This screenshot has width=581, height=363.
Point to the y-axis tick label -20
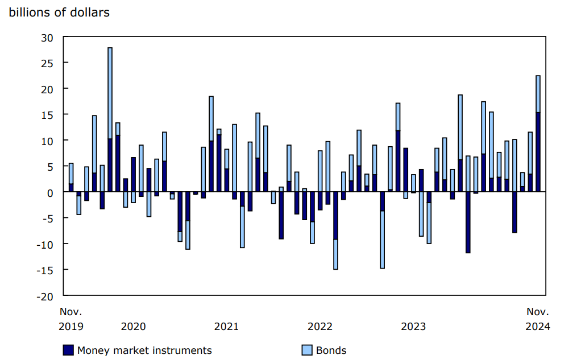44,296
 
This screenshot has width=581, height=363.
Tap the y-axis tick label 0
50,192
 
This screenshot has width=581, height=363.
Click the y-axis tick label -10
44,244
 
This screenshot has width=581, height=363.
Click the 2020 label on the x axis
133,327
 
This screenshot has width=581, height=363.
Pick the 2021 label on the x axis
226,327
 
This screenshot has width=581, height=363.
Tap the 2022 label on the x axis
319,327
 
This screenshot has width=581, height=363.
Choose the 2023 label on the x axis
413,327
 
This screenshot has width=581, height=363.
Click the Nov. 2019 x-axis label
71,319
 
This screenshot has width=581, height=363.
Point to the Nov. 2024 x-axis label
538,319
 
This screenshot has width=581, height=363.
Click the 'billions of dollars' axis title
59,13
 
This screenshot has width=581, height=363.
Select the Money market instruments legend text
144,350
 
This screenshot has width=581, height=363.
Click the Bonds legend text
331,350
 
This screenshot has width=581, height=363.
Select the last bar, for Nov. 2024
538,134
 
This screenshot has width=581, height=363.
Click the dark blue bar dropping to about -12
468,222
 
